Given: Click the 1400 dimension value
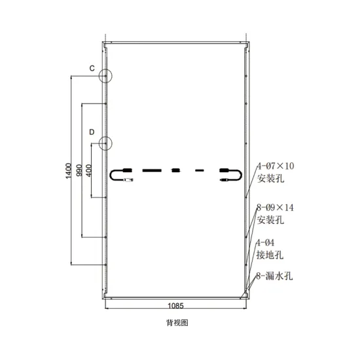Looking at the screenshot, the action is (x=69, y=171).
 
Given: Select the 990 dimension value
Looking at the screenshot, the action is (x=79, y=170).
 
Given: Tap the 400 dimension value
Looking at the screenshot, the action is (x=89, y=170).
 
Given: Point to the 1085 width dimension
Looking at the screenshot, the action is (x=175, y=306).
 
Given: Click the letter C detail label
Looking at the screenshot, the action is (x=92, y=69).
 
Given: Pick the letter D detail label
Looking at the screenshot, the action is (x=92, y=132).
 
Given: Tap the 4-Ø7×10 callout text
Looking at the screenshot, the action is (x=276, y=166).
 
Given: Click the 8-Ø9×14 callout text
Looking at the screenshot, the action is (x=275, y=207).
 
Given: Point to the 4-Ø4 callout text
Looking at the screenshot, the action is (x=265, y=243).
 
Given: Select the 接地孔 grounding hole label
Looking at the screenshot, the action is (x=270, y=255).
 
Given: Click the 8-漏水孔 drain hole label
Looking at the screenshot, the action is (x=275, y=276).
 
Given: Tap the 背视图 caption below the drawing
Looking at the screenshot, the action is (x=177, y=323).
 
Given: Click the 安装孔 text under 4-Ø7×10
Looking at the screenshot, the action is (x=271, y=178).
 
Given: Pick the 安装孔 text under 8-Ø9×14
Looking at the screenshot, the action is (x=270, y=220).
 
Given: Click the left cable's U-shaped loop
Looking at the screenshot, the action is (x=111, y=175).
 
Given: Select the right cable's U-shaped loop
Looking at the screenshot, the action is (x=242, y=175).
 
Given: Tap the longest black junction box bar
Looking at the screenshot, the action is (x=152, y=170).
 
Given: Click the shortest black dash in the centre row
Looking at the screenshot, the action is (x=200, y=170).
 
